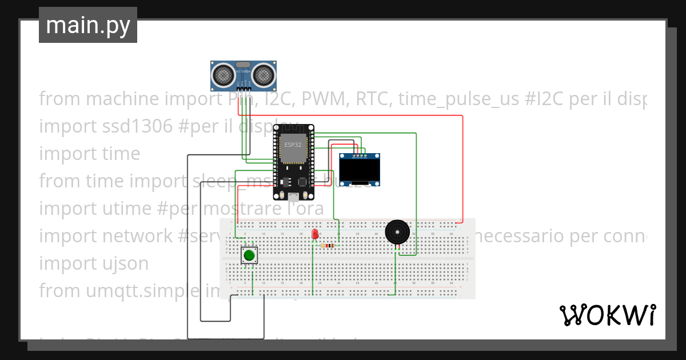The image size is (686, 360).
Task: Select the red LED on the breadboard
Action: pos(314,234)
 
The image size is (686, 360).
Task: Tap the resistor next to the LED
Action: pos(328,246)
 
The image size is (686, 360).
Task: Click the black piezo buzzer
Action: pos(397,231)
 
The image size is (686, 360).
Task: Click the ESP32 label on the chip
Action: pos(293,145)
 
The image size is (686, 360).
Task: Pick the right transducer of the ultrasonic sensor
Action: pos(263,74)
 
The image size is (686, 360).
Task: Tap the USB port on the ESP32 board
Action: pos(293,197)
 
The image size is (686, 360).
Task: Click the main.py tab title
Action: pos(87,25)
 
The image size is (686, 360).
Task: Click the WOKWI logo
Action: pos(607,315)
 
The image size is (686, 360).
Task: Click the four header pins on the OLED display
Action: pos(360,155)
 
